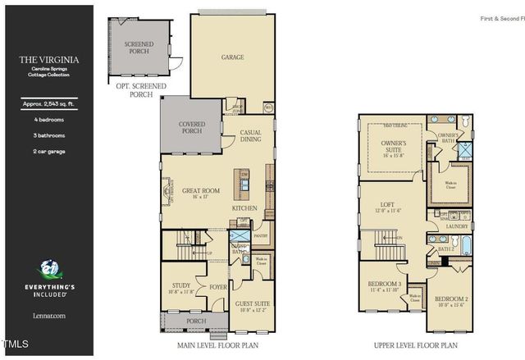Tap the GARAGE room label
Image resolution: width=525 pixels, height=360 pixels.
[234, 58]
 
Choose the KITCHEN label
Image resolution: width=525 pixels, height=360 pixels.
[244, 208]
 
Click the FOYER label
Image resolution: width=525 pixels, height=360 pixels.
[218, 287]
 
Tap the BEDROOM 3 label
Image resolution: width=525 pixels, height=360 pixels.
[383, 284]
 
